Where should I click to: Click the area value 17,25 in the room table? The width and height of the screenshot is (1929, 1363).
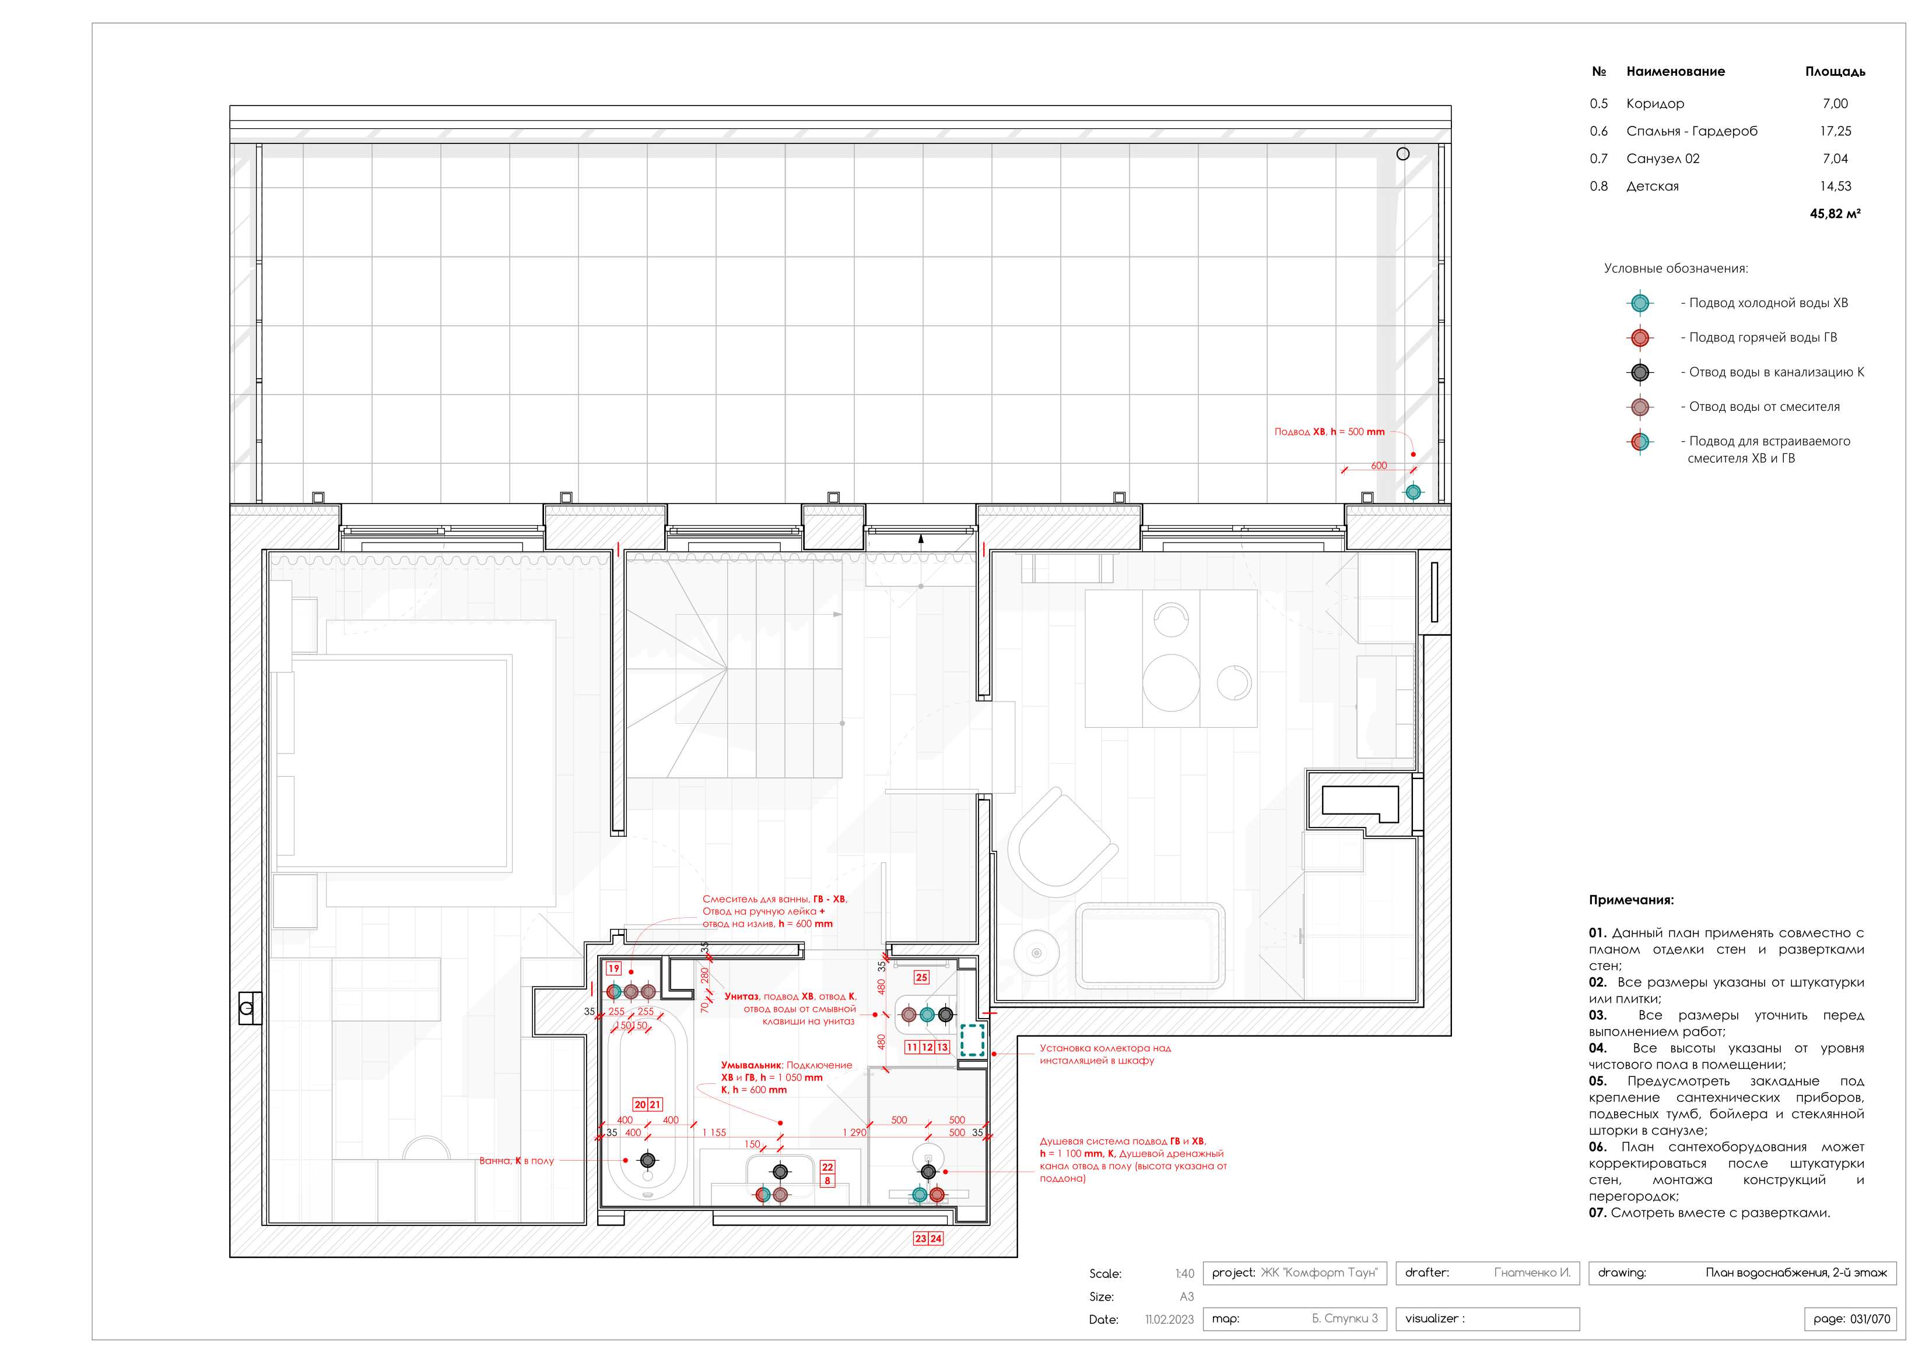coord(1835,131)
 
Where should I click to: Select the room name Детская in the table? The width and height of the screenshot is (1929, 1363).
coord(1652,186)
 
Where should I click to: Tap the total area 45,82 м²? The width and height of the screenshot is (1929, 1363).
coord(1835,214)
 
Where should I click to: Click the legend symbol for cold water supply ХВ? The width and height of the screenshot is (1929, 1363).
coord(1639,303)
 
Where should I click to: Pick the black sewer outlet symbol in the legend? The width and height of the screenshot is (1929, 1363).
coord(1639,372)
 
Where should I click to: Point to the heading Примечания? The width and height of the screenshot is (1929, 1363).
coord(1631,900)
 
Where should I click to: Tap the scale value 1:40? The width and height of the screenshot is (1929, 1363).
coord(1184,1274)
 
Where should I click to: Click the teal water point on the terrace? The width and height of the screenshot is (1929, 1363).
coord(1413,492)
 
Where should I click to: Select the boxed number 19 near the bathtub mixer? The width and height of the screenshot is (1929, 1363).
coord(614,968)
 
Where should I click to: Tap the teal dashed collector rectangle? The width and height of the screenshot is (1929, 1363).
coord(972,1040)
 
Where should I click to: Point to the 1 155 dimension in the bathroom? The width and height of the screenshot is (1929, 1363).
coord(714,1132)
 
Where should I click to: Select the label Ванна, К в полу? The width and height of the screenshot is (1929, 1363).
coord(516,1161)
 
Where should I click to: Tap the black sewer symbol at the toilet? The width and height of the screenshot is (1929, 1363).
coord(945,1015)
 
